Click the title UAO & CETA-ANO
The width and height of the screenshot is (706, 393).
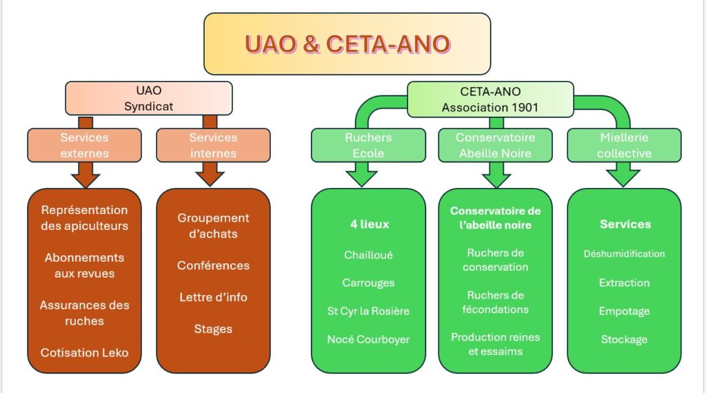pos(347,44)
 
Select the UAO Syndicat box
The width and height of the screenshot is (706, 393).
pos(148,98)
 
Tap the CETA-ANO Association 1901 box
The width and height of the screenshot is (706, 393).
pos(490,99)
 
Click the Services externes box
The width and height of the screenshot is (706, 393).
pos(84,145)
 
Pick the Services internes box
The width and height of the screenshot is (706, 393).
pos(213,145)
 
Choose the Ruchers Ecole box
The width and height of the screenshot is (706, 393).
pos(368,145)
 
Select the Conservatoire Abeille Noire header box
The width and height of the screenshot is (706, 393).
pos(495,145)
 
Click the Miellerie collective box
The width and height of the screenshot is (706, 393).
pos(623,145)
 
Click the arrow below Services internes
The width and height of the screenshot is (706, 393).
pos(210,175)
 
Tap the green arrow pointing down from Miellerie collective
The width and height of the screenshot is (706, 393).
pos(623,175)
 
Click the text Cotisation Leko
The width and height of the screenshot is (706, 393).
pos(84,352)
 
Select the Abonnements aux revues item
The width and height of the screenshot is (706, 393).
pos(84,265)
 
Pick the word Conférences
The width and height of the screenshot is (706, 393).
pos(213,265)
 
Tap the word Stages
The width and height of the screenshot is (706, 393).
pos(213,329)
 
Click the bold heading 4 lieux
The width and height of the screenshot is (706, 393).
pos(369,224)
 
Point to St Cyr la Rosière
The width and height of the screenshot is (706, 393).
pos(368,311)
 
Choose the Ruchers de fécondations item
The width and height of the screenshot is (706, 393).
pos(495,303)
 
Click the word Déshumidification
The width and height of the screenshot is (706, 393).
pos(624,253)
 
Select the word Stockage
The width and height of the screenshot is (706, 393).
pos(624,339)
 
